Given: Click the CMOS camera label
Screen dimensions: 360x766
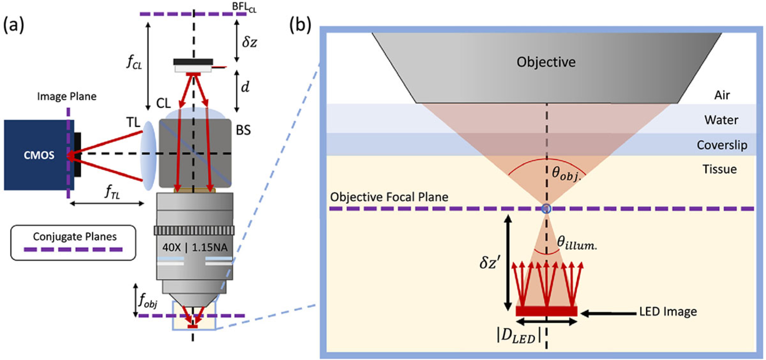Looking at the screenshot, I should coord(39,155).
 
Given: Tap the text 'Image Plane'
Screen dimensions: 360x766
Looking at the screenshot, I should coord(67,96).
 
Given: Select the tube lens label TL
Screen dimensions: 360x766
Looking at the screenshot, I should coord(133,122).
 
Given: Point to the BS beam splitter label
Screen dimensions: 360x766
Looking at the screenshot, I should coord(243,130).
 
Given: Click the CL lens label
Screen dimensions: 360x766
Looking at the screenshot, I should coord(164,103).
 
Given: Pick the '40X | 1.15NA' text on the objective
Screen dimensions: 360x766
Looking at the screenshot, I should coord(195,247).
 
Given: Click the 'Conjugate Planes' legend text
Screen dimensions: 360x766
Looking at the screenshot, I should coord(75,237).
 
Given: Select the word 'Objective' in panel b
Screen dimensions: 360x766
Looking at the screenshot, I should coord(546,62).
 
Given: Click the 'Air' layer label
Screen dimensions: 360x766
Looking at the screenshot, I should coord(722,95).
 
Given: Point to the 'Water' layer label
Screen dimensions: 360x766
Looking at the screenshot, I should coord(721,120).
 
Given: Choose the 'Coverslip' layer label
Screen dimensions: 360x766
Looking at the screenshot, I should coord(722,145).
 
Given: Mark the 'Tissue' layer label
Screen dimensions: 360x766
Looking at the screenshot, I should coord(719,169).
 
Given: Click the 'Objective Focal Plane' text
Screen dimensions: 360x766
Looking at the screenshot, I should coord(389,197).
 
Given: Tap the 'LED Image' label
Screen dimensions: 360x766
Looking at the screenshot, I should coord(668,311).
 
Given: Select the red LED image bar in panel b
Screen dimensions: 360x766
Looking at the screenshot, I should coord(547,311).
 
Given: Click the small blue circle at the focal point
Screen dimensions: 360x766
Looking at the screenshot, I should coord(547,209).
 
